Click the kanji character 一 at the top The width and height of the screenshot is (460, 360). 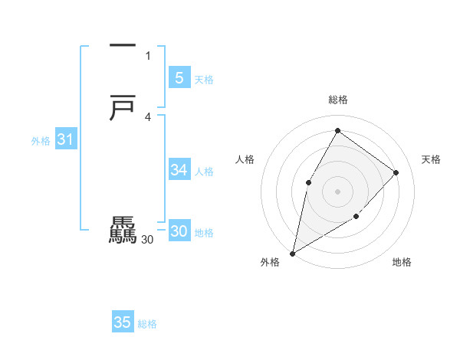pyautogui.click(x=123, y=46)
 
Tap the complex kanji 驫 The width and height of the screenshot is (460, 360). pyautogui.click(x=123, y=231)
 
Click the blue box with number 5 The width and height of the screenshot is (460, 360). pyautogui.click(x=179, y=77)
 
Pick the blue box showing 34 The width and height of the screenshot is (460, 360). pyautogui.click(x=179, y=170)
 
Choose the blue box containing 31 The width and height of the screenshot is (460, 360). pyautogui.click(x=65, y=139)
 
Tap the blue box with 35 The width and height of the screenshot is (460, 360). pyautogui.click(x=123, y=322)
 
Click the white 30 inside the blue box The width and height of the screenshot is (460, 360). pyautogui.click(x=179, y=231)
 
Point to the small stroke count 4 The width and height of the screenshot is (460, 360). pyautogui.click(x=148, y=116)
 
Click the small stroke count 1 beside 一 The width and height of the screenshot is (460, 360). pyautogui.click(x=148, y=55)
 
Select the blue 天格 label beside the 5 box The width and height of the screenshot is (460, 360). pyautogui.click(x=203, y=80)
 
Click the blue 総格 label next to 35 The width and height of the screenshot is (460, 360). pyautogui.click(x=147, y=325)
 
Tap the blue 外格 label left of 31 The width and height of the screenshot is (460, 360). pyautogui.click(x=41, y=141)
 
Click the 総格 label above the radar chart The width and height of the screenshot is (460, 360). pyautogui.click(x=337, y=100)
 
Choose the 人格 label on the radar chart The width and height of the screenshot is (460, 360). pyautogui.click(x=245, y=159)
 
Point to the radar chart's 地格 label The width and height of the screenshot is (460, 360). pyautogui.click(x=402, y=263)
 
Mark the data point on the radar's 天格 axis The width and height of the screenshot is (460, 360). pyautogui.click(x=396, y=172)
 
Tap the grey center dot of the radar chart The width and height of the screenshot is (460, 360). pyautogui.click(x=337, y=191)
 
